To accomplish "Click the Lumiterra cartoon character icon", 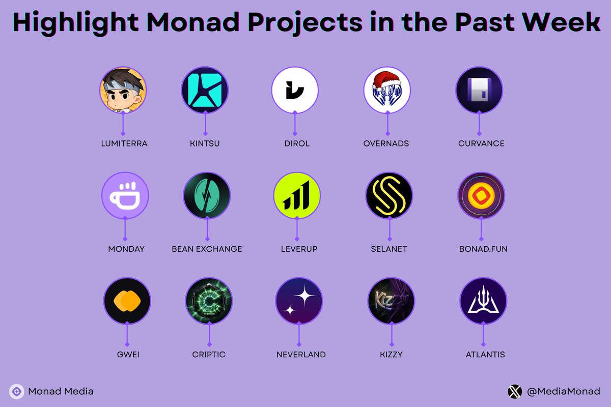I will click(123, 90).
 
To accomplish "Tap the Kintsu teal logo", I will click(205, 90).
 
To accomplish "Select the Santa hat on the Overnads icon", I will click(385, 80).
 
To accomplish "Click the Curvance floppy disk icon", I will click(479, 90).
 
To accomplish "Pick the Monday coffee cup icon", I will click(125, 196).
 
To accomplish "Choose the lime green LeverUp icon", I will click(297, 196).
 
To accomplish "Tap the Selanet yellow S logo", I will click(389, 196).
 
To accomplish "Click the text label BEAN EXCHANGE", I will click(207, 249).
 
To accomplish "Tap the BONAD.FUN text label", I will click(483, 249).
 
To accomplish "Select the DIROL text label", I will click(297, 143).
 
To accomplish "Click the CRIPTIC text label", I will click(209, 354).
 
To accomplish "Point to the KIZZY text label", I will click(391, 354).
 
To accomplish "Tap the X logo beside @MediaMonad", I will click(515, 391).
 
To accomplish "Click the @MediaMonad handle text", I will click(563, 391).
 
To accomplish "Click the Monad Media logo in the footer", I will click(16, 391).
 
